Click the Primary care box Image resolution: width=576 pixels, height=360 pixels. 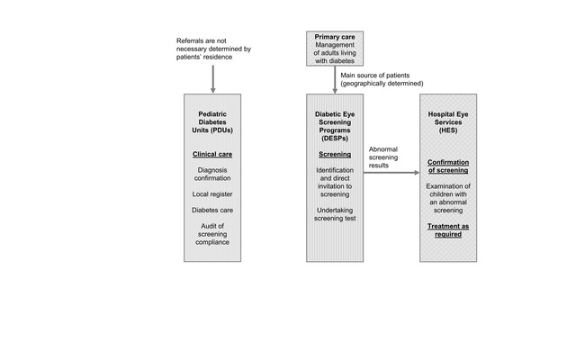335,49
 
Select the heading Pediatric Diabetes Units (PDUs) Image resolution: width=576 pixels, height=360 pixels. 212,122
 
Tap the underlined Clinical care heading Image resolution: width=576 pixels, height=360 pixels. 212,154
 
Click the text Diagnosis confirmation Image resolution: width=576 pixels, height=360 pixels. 212,174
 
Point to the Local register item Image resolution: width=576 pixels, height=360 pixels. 212,194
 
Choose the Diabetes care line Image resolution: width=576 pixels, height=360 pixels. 212,210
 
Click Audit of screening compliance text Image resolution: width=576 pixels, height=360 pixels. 212,234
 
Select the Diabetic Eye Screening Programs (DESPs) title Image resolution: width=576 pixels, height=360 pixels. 335,126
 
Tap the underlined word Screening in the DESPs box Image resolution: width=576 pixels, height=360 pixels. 335,154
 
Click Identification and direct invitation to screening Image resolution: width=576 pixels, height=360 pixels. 335,182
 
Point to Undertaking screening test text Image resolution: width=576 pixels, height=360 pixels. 335,214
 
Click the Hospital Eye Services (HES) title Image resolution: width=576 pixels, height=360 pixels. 448,122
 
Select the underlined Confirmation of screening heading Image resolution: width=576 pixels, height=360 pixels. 448,166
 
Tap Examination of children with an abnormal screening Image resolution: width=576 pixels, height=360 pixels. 448,198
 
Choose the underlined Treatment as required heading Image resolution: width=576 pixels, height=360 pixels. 448,230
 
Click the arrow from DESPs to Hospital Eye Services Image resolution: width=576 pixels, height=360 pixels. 391,172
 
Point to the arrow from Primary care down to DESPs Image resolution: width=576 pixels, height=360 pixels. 335,80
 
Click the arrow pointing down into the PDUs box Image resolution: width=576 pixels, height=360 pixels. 212,79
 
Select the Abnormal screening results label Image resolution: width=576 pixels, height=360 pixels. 383,157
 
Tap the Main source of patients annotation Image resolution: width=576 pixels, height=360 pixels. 382,79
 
